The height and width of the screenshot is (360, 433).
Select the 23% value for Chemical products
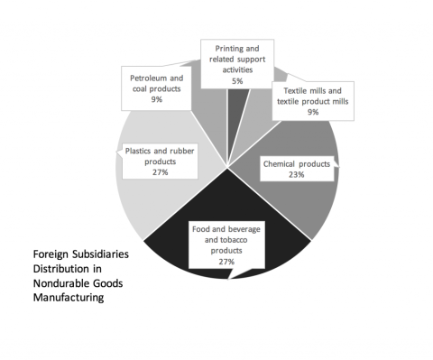(296, 174)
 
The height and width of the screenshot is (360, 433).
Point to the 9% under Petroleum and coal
(157, 99)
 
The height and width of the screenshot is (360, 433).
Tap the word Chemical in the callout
(279, 163)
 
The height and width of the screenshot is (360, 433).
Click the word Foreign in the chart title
(37, 255)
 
